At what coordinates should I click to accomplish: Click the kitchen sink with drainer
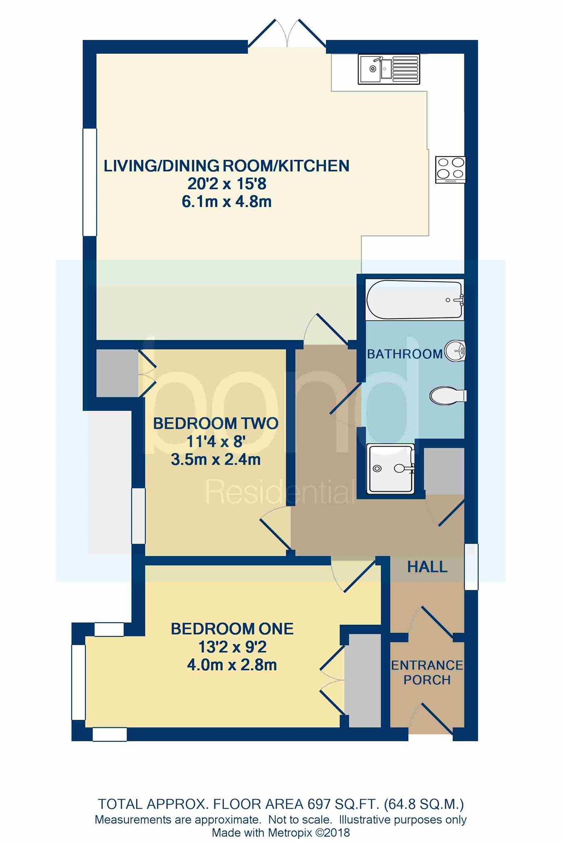click(x=389, y=69)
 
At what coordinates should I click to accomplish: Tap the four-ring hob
click(x=450, y=169)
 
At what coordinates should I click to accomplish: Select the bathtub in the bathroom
click(x=415, y=300)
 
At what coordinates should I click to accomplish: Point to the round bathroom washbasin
click(x=455, y=351)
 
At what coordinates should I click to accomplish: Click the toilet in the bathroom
click(x=448, y=395)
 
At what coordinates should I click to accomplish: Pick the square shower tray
click(x=390, y=468)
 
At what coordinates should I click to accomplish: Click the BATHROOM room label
click(x=405, y=354)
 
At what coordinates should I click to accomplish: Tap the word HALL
click(x=427, y=566)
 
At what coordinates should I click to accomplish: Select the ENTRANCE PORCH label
click(x=427, y=672)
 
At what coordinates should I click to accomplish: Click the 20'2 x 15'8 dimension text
click(x=227, y=184)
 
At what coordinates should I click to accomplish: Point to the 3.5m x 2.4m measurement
click(x=216, y=459)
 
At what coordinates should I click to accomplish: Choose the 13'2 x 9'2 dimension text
click(x=232, y=647)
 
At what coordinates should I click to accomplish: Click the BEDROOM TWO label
click(x=216, y=423)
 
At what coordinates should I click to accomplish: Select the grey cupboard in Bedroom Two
click(x=117, y=373)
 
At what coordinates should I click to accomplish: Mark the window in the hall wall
click(x=471, y=566)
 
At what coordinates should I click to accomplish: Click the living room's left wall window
click(x=90, y=182)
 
